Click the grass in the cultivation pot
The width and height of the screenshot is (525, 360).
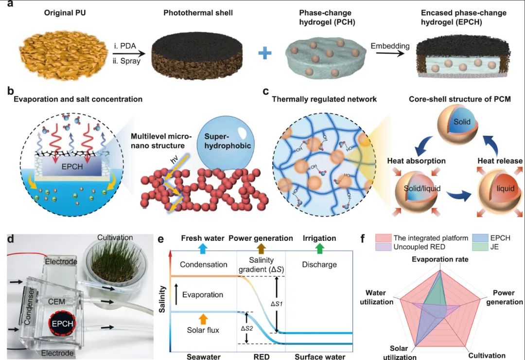point(115,258)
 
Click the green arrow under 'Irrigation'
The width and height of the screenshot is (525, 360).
point(319,249)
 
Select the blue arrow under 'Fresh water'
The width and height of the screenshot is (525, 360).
point(202,249)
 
